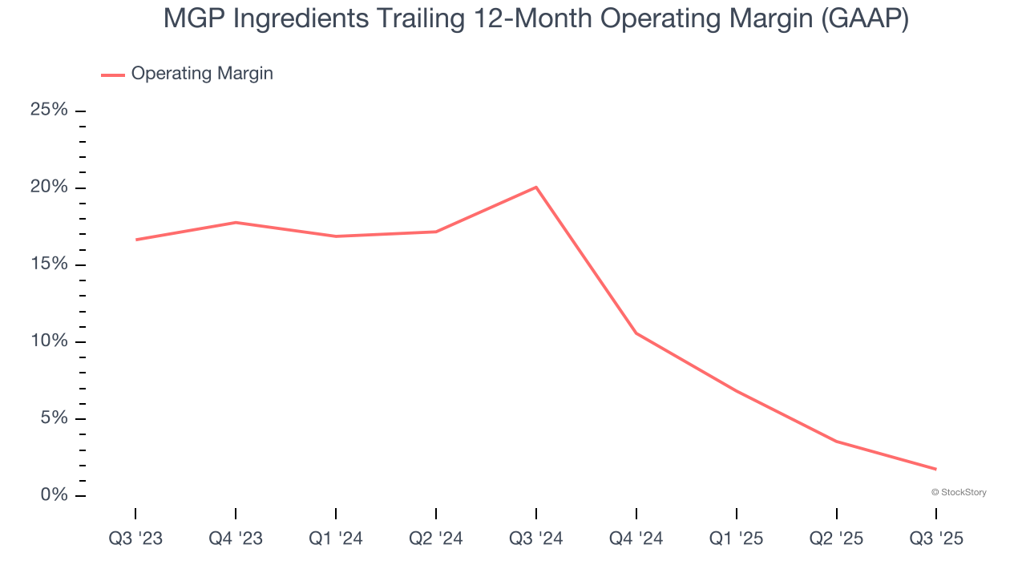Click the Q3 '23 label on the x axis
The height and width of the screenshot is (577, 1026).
pos(135,539)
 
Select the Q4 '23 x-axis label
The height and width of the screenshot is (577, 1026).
pos(236,539)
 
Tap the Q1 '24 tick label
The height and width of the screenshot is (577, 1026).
pos(336,539)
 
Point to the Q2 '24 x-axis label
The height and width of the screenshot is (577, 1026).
pos(436,539)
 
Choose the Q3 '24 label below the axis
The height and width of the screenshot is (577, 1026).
pos(536,539)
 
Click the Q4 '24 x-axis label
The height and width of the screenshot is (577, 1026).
pos(636,539)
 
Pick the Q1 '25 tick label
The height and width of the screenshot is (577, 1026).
pos(737,539)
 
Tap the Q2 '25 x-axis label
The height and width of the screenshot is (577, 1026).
pos(837,539)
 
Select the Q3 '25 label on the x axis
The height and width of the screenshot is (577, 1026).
pos(936,539)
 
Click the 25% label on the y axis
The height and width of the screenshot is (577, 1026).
pos(49,110)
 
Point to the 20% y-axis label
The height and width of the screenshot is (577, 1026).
pos(49,187)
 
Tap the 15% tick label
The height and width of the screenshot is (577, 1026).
pos(49,264)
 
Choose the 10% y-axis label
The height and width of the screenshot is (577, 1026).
pos(49,341)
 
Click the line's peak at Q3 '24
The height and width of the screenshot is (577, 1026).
pos(536,188)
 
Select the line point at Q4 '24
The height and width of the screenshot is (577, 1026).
pos(636,333)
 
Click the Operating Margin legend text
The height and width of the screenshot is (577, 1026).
pos(202,74)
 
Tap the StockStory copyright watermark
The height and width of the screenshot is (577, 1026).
pos(959,492)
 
